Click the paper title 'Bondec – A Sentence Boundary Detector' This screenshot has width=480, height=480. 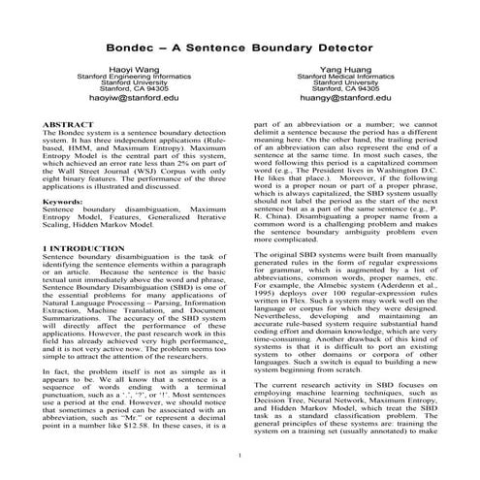240,45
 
